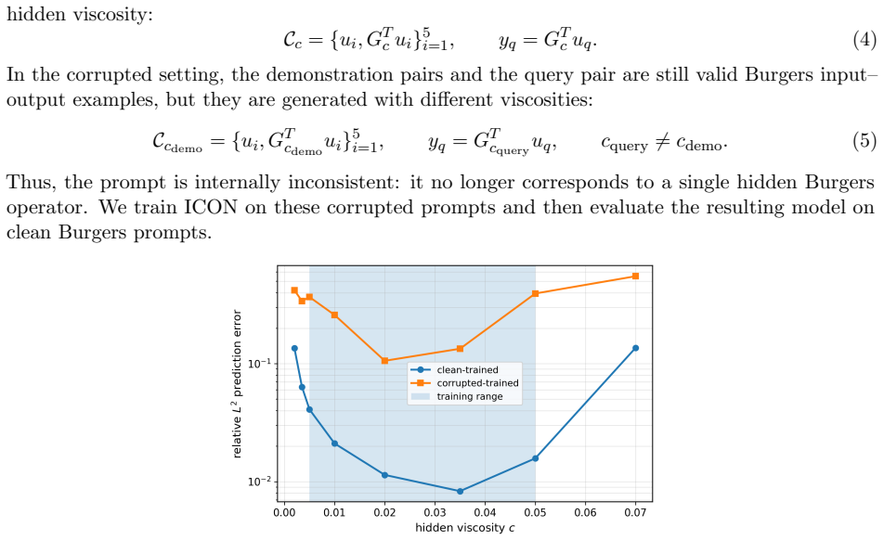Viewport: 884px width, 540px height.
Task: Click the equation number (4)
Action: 864,41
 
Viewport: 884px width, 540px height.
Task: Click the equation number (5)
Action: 864,140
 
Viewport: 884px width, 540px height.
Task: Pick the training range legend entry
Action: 458,396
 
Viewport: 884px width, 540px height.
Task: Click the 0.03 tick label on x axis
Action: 435,512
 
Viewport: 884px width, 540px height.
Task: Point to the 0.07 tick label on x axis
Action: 635,512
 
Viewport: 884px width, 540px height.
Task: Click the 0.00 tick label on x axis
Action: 285,512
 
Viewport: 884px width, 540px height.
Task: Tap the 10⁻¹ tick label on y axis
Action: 259,363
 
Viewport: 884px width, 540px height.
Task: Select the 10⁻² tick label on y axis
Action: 259,482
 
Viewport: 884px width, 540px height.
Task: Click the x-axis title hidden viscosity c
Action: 465,528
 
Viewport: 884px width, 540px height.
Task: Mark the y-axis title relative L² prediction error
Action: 237,383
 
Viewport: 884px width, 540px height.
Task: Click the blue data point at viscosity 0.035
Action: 460,492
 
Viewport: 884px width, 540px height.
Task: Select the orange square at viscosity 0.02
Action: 384,361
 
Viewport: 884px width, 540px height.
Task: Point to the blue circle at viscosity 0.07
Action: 635,348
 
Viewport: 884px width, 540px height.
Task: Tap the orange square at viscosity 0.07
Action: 635,276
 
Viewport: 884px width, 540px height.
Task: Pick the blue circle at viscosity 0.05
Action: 535,458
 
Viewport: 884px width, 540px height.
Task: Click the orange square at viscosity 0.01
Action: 335,315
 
